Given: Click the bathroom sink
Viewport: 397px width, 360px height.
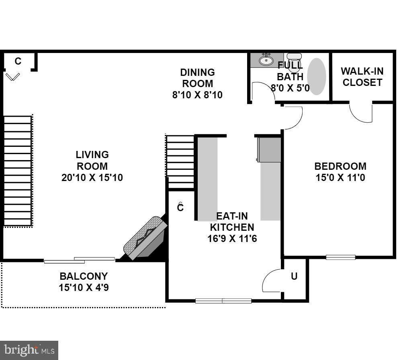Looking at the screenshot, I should (x=266, y=60).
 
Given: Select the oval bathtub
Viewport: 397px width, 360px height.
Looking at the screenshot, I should (x=316, y=76).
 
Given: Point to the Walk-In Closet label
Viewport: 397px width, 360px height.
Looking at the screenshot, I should (x=362, y=77).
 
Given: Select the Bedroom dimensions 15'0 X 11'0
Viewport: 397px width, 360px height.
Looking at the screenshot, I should (x=340, y=177).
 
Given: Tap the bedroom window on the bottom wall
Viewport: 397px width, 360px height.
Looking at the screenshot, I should (x=340, y=257).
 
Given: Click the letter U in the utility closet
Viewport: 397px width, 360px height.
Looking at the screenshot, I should (x=294, y=276).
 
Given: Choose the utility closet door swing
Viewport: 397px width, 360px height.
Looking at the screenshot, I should (x=271, y=281).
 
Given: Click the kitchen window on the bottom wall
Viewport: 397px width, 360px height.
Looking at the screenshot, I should (x=223, y=301).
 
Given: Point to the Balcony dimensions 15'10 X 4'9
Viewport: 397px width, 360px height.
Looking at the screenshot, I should (x=84, y=287).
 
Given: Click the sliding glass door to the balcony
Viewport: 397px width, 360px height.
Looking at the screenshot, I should (x=79, y=260).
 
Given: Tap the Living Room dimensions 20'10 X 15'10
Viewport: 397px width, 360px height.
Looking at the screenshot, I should (x=92, y=177).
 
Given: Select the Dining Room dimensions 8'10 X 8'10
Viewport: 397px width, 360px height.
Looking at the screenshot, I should (x=197, y=95).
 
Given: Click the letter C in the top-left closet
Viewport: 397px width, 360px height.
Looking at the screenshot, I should (x=18, y=61).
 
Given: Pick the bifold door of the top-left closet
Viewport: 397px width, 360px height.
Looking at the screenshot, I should (x=13, y=76).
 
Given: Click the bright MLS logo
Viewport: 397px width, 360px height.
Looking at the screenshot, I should (x=29, y=350).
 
